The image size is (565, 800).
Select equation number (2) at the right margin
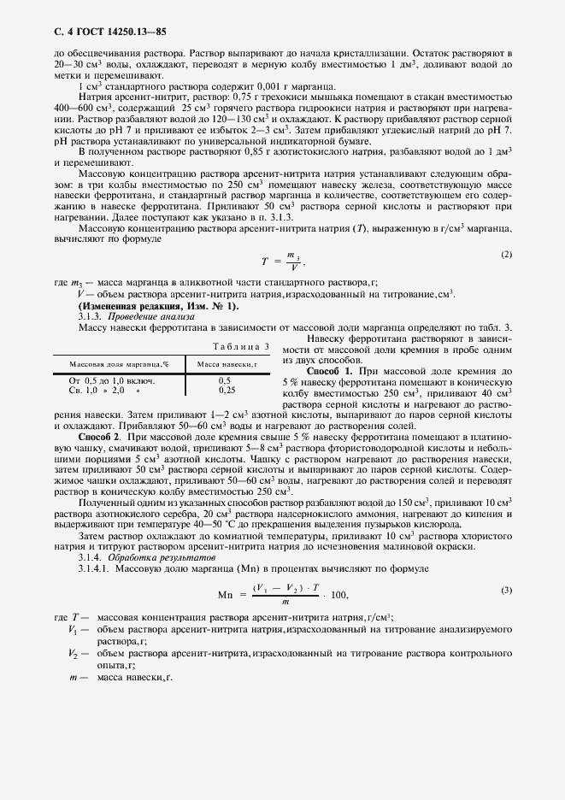505,255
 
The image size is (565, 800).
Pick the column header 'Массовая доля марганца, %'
119,364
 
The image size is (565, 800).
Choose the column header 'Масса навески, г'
227,364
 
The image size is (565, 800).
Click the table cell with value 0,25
227,390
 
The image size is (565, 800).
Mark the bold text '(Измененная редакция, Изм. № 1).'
159,305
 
